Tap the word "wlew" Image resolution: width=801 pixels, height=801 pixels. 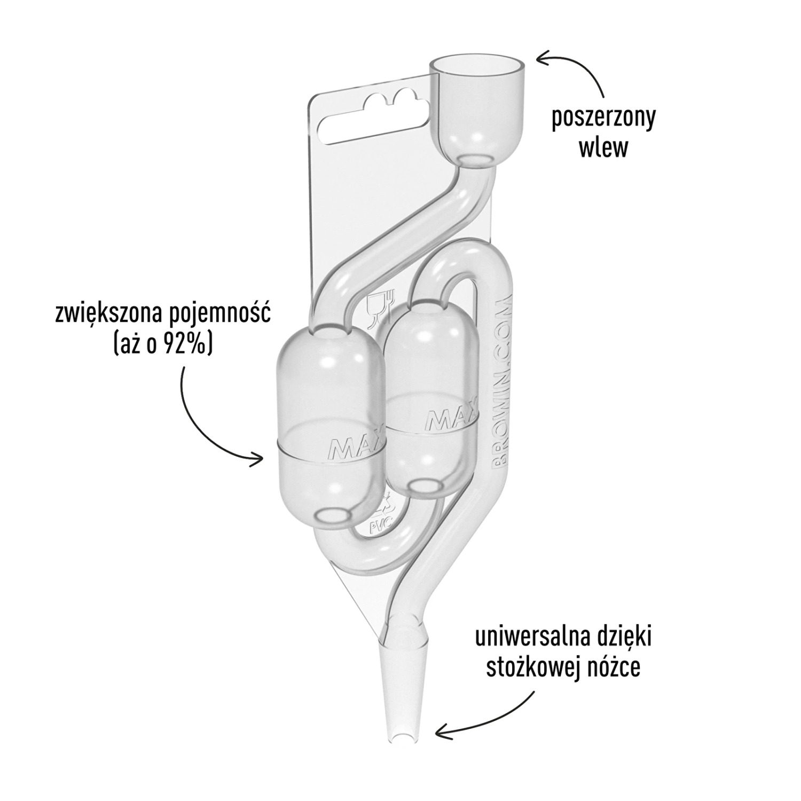[x=604, y=148]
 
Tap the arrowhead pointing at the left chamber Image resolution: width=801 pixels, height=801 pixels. [x=261, y=458]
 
